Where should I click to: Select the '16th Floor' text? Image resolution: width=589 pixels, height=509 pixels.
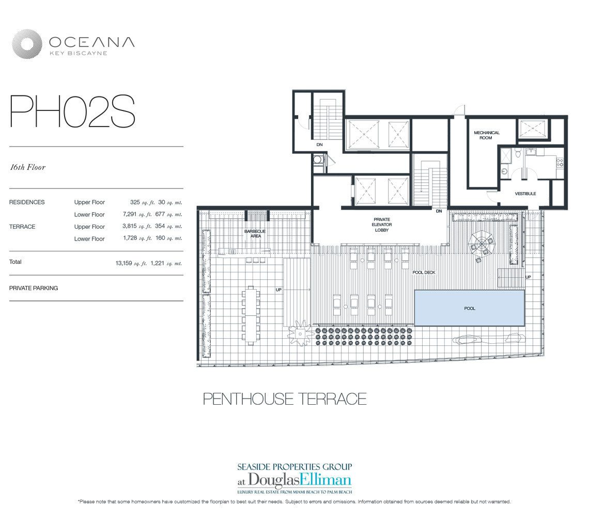pyautogui.click(x=27, y=167)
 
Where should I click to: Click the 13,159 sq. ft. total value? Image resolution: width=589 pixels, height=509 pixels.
pyautogui.click(x=132, y=263)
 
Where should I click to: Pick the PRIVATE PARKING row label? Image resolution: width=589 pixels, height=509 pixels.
pyautogui.click(x=34, y=288)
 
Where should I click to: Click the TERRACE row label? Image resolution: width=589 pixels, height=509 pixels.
pyautogui.click(x=22, y=227)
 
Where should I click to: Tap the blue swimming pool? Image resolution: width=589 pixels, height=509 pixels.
pyautogui.click(x=469, y=308)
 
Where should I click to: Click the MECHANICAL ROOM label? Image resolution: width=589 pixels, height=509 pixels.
pyautogui.click(x=487, y=135)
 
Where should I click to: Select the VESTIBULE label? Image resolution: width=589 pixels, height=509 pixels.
pyautogui.click(x=525, y=194)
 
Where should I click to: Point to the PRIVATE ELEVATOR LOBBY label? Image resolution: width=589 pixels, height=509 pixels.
pyautogui.click(x=382, y=225)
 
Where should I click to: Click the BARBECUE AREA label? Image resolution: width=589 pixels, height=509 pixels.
pyautogui.click(x=255, y=234)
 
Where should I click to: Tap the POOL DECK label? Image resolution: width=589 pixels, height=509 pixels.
pyautogui.click(x=424, y=272)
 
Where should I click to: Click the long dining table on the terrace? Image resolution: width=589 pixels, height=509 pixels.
pyautogui.click(x=251, y=315)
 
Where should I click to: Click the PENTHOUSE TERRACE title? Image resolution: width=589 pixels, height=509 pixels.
pyautogui.click(x=285, y=399)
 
